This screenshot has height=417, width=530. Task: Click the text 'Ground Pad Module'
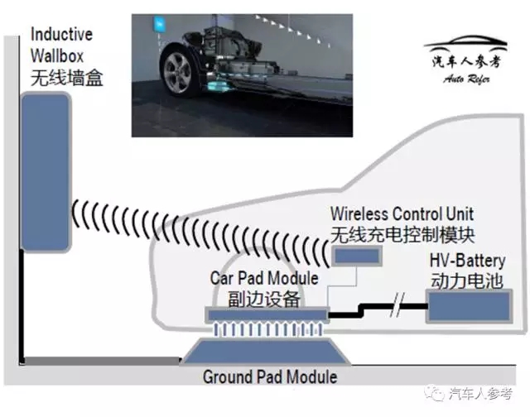[x=270, y=376]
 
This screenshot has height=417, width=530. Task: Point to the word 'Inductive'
[x=61, y=36]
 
